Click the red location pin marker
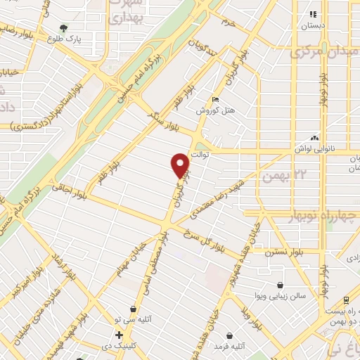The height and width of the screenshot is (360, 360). click(x=181, y=165)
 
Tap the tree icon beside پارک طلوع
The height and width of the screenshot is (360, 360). click(x=64, y=29)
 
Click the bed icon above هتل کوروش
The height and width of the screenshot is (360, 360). click(x=216, y=100)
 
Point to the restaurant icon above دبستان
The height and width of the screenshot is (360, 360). click(x=314, y=13)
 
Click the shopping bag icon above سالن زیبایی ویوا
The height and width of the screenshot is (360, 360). click(x=281, y=285)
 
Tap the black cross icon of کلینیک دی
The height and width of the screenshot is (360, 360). click(x=120, y=335)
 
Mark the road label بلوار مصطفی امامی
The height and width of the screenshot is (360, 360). click(x=165, y=268)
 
